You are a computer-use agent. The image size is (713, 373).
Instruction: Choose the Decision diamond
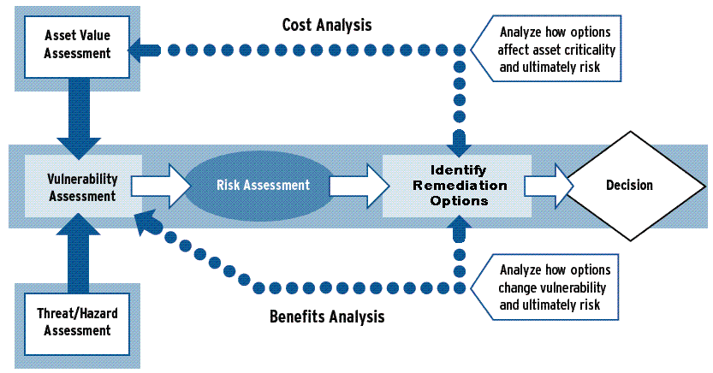629,186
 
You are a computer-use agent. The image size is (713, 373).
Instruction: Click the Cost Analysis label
327,25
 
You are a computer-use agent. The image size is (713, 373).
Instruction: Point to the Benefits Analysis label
328,317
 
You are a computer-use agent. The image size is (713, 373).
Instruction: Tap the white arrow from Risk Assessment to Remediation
353,186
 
